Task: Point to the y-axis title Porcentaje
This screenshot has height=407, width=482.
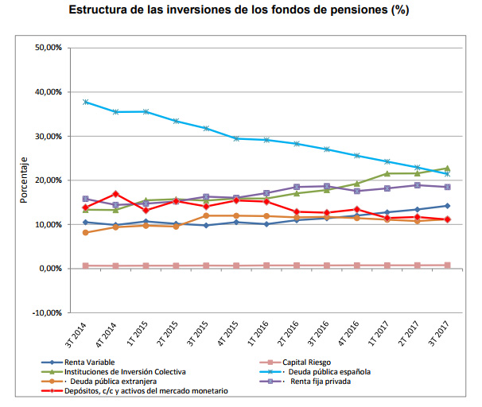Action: pos(24,180)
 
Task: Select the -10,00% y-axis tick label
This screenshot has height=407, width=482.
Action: pos(48,312)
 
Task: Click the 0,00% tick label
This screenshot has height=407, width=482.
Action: pos(51,269)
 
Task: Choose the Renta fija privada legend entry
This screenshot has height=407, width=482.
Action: pos(321,381)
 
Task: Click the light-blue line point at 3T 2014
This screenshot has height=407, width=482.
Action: pos(86,102)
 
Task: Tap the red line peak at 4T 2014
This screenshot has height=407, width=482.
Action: pos(116,193)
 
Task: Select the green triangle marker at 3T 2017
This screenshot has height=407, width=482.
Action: pos(447,169)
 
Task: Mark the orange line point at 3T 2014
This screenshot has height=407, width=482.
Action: pos(86,232)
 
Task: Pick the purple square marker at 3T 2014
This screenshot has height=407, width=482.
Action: pos(86,199)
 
